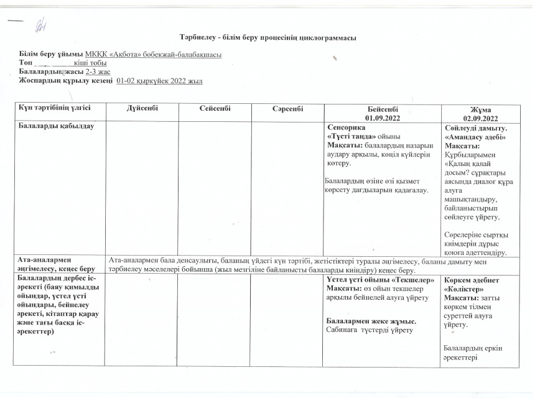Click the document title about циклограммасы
point(268,39)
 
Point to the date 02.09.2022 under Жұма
point(481,118)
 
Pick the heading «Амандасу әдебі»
point(475,137)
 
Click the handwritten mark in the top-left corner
point(42,23)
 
